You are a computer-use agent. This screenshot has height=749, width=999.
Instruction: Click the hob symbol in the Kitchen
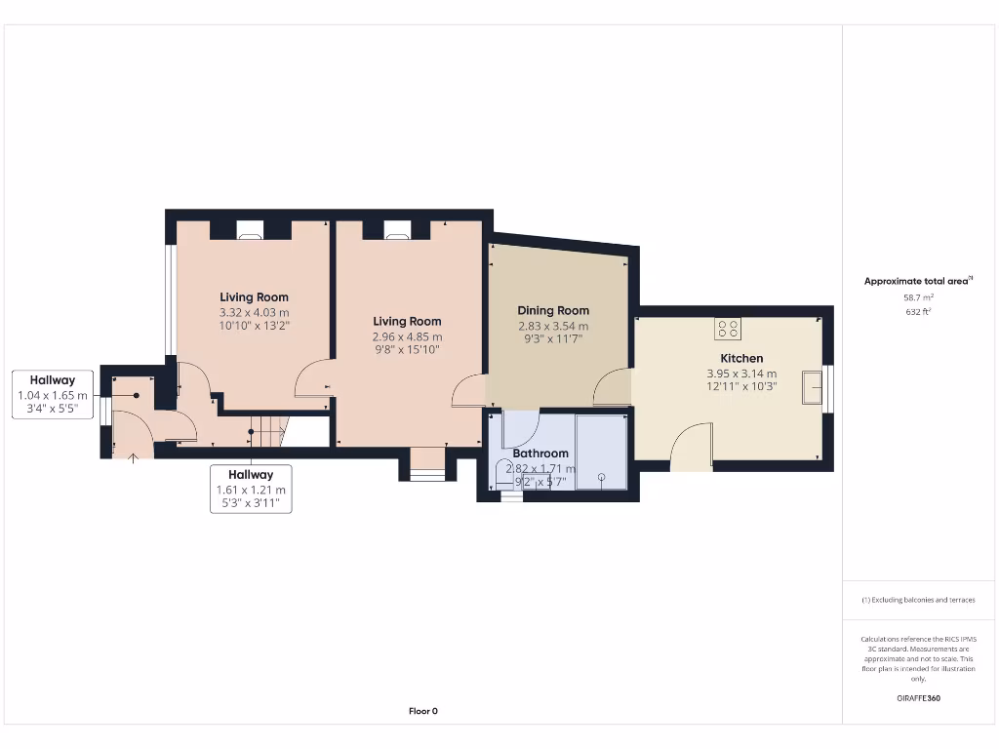[728, 329]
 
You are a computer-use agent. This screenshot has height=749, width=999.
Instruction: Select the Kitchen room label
[741, 358]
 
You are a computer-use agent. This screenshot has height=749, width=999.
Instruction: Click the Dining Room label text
[553, 311]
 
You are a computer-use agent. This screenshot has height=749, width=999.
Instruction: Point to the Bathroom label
[540, 453]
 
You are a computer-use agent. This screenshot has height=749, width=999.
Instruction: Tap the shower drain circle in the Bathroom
[602, 478]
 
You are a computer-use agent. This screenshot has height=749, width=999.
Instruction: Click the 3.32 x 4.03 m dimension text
[254, 312]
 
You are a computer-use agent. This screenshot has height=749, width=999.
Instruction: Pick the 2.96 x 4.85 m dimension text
[407, 336]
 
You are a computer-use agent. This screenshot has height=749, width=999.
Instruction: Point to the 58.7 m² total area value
[918, 297]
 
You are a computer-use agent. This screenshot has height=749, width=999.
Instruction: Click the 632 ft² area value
[918, 312]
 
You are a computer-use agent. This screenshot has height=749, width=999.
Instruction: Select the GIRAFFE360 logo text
[918, 698]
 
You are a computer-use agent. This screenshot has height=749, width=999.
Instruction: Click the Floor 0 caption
[422, 711]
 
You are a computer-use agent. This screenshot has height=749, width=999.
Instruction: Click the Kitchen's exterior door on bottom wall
[692, 447]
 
